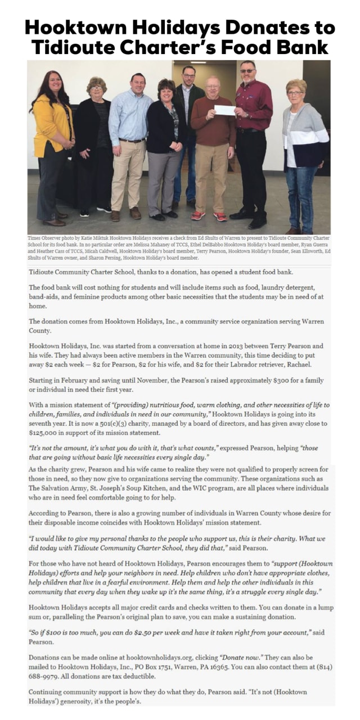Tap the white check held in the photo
(x=224, y=110)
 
